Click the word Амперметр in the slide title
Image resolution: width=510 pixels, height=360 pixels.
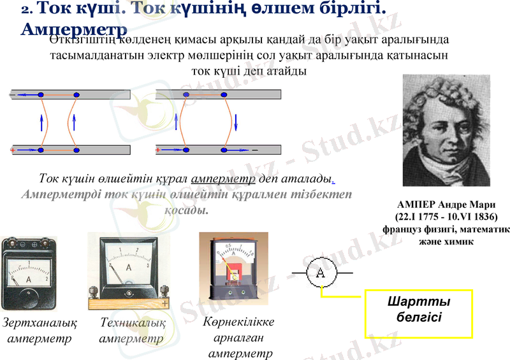(74, 29)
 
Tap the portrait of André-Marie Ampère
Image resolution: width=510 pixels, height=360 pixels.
(446, 130)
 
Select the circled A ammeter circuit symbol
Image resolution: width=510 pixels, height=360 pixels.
(321, 272)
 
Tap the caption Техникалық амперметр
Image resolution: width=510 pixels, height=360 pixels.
(132, 331)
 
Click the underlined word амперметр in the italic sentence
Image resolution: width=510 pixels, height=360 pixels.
(222, 178)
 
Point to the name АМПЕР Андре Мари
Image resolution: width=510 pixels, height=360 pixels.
(446, 205)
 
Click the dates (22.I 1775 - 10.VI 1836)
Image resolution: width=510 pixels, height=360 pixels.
(446, 217)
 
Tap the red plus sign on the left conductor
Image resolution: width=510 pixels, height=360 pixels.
(12, 150)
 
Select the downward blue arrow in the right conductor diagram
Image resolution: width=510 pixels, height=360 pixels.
(235, 120)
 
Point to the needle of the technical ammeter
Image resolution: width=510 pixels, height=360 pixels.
(117, 273)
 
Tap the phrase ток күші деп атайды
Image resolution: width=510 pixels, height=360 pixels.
(249, 71)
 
